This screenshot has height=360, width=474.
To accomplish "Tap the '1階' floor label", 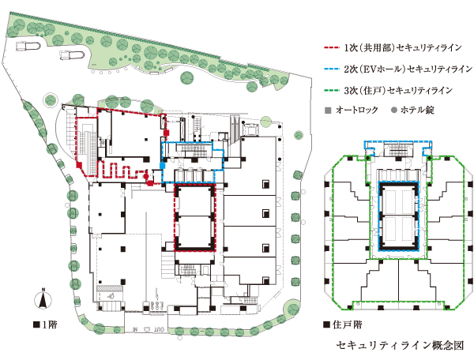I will click(47, 324).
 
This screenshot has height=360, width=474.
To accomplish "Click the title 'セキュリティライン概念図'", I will click(397, 345).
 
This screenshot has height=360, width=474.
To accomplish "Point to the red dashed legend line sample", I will click(333, 47).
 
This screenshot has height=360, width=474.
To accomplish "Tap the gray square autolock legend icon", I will click(327, 109).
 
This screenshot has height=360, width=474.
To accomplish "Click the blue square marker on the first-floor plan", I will click(163, 165).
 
